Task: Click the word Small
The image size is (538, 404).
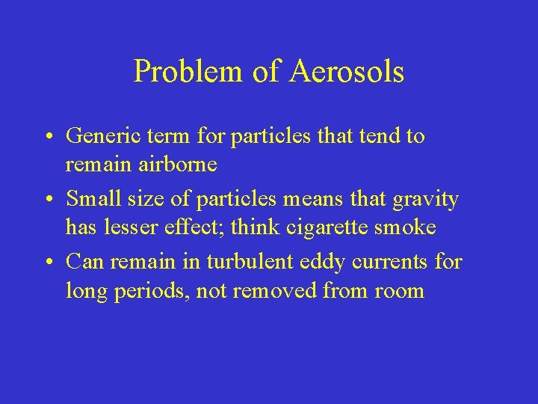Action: tap(90, 200)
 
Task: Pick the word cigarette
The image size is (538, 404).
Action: tap(322, 227)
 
